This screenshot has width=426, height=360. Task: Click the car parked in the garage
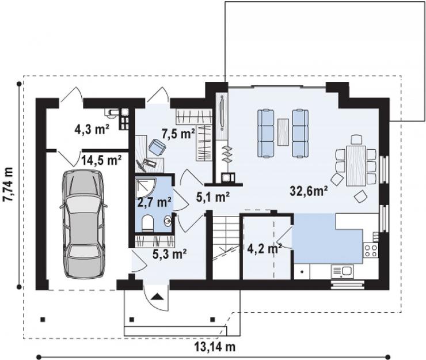[83, 224]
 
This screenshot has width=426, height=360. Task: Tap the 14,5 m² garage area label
[101, 160]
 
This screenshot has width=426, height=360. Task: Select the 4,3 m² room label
[92, 129]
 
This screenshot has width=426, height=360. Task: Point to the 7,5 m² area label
[178, 134]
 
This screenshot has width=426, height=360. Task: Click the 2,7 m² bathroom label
[154, 202]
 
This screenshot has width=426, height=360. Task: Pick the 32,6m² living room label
[309, 191]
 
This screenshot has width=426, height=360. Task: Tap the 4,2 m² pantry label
[264, 248]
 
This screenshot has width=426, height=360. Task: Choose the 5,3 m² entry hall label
[169, 254]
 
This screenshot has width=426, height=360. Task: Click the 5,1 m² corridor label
[213, 196]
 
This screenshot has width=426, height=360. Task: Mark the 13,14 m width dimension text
[215, 347]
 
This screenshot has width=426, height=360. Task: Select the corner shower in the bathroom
[145, 188]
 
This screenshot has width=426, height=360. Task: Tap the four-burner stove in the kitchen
[371, 251]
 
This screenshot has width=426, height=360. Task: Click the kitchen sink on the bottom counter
[342, 271]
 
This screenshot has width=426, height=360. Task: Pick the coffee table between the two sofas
[283, 132]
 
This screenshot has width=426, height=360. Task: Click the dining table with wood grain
[356, 165]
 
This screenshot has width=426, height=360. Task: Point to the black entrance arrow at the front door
[157, 297]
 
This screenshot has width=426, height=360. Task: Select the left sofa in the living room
[265, 133]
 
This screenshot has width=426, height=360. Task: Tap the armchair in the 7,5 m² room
[157, 147]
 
